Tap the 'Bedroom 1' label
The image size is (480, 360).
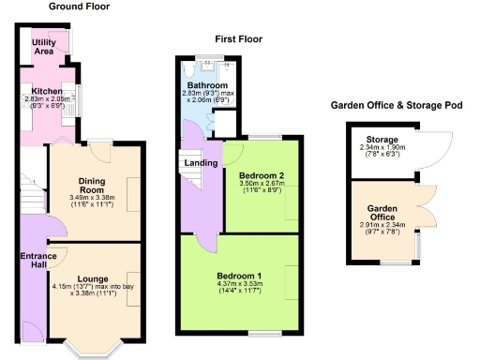(x=238, y=275)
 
